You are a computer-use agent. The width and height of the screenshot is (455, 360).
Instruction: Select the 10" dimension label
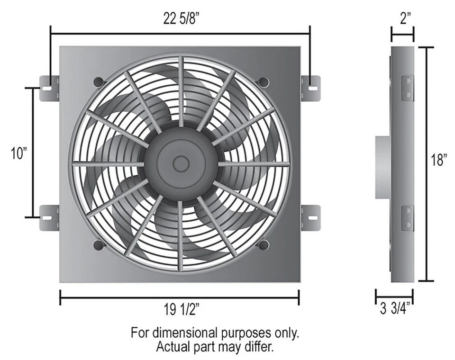tap(19, 153)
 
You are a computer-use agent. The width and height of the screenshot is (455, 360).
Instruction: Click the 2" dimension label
tap(402, 20)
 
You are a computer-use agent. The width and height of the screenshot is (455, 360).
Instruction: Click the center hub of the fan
tap(181, 163)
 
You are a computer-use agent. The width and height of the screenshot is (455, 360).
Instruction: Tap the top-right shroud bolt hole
tap(264, 82)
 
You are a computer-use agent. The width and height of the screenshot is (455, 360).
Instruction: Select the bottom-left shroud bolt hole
tap(99, 244)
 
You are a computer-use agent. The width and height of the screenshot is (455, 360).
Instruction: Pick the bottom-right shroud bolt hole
tap(264, 244)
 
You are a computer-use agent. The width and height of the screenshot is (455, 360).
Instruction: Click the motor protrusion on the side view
tap(383, 167)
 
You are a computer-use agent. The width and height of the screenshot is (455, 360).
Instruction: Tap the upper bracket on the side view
tap(407, 89)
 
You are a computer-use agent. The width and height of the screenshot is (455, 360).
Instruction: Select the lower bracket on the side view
tap(407, 218)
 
